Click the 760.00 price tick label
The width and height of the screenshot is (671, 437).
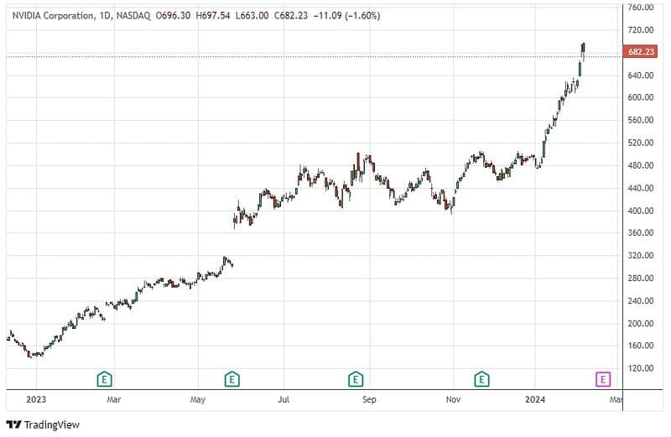click(x=642, y=8)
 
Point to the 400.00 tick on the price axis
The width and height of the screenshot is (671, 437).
click(x=642, y=211)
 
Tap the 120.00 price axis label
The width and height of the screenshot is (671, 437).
click(x=642, y=368)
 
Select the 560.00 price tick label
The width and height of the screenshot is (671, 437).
click(x=642, y=120)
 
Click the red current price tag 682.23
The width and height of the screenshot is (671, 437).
click(x=642, y=52)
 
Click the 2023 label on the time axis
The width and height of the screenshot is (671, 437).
click(x=36, y=400)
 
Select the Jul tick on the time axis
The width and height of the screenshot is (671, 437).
click(x=284, y=400)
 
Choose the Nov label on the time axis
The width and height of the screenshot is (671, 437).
click(x=453, y=400)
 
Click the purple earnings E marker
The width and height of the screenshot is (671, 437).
click(x=602, y=379)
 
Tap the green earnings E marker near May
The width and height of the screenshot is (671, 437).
click(x=231, y=379)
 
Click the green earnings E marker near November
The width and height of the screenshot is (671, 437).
click(x=481, y=379)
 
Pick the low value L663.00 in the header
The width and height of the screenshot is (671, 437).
click(x=255, y=15)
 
